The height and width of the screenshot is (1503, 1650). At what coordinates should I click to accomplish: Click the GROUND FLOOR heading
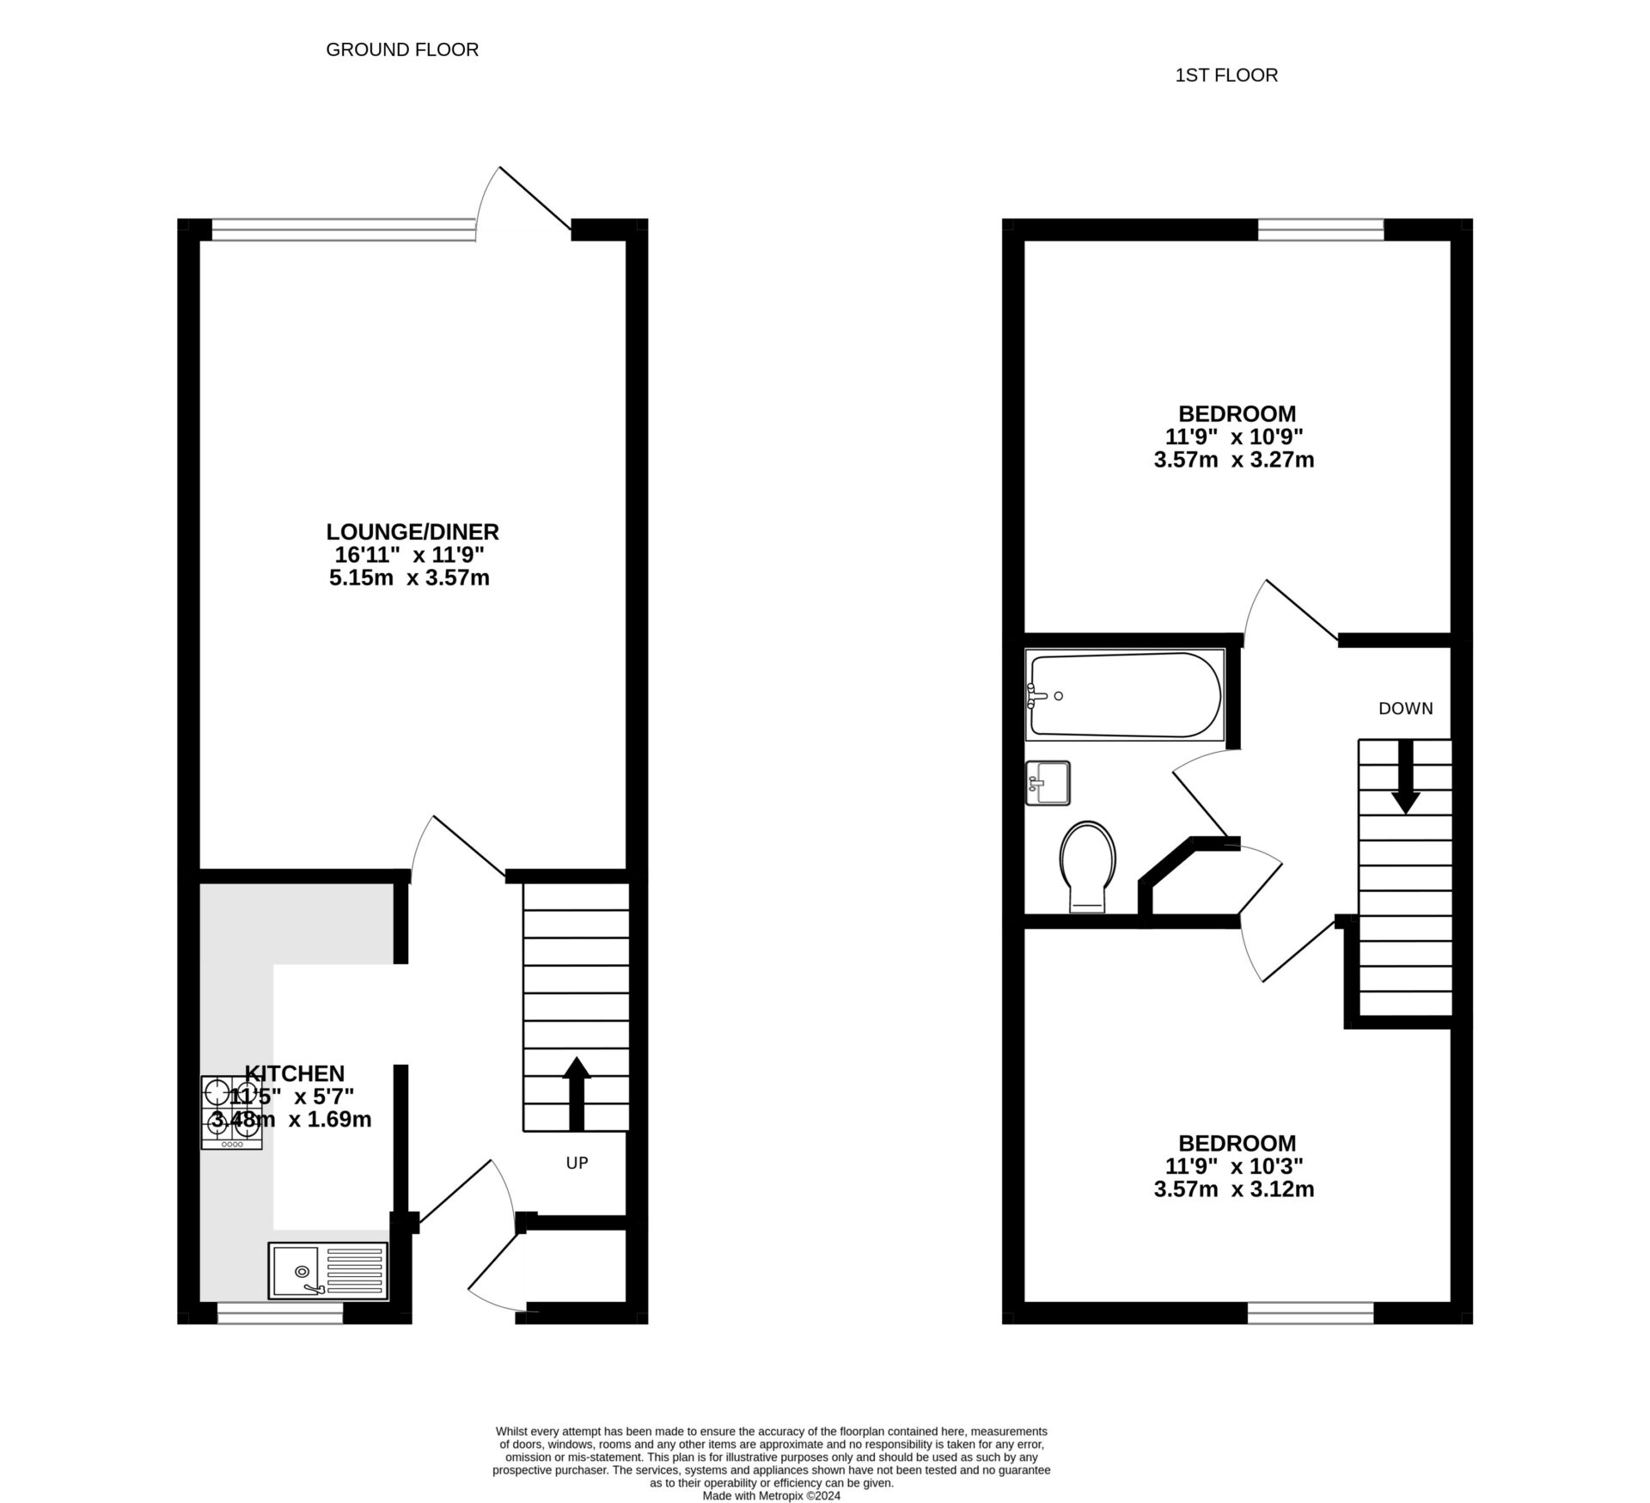(x=402, y=50)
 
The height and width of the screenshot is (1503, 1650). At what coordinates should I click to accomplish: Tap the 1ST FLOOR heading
(x=1226, y=76)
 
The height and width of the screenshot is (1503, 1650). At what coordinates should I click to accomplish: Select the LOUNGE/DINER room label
(x=412, y=532)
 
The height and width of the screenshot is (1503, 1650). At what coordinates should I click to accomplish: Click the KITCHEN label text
(x=295, y=1073)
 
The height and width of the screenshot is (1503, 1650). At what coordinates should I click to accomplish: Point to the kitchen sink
(x=327, y=1270)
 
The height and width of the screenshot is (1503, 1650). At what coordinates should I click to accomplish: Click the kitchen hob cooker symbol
(x=232, y=1112)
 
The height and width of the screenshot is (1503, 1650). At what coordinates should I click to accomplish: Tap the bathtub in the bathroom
(x=1125, y=694)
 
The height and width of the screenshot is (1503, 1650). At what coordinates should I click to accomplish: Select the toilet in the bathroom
(x=1088, y=864)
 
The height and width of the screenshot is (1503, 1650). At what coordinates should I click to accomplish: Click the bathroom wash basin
(x=1048, y=783)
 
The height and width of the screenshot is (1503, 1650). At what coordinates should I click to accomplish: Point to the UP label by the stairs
(x=577, y=1163)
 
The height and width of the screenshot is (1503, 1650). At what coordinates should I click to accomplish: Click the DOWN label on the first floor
(x=1406, y=708)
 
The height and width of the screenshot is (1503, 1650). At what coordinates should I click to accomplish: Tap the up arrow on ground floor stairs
(x=577, y=1091)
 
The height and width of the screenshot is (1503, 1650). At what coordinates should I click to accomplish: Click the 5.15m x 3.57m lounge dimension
(x=409, y=577)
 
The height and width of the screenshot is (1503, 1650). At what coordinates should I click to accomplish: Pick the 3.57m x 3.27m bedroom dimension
(x=1234, y=460)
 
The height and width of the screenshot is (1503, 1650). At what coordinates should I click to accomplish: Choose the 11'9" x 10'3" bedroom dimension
(x=1234, y=1166)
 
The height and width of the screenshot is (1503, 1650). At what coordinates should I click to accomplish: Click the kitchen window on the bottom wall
(x=280, y=1312)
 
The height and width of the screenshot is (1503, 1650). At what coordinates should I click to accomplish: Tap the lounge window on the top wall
(x=344, y=229)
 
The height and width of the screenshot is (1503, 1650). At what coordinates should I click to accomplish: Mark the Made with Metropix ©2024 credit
(x=771, y=1495)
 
